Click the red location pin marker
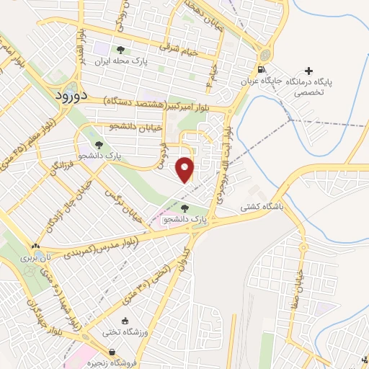coord(186,169)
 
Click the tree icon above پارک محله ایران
coord(120,50)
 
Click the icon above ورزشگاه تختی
coord(126,321)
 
